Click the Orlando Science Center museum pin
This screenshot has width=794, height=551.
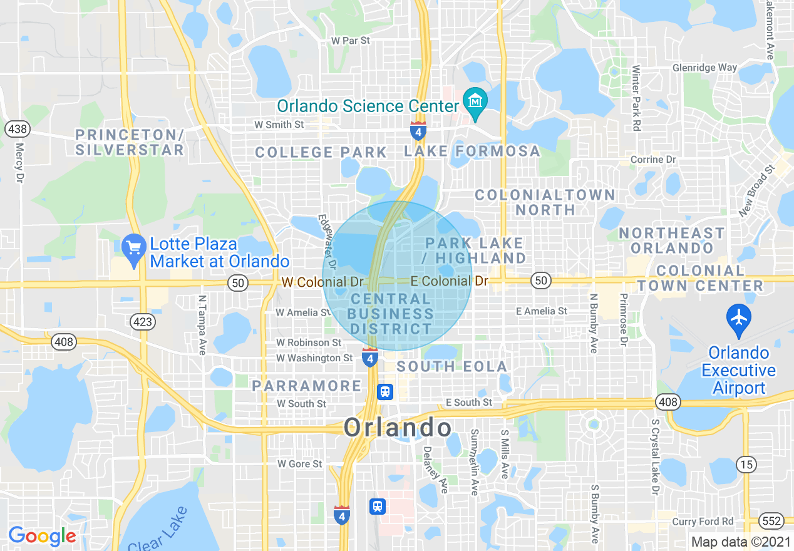click(475, 101)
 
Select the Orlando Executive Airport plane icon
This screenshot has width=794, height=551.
click(739, 317)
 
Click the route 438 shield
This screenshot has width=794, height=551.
click(16, 130)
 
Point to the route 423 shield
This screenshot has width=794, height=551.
click(143, 322)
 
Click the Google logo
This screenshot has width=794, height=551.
click(42, 536)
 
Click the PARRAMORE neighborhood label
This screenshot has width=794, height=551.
click(307, 386)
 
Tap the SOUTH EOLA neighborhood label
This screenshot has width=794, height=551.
click(451, 366)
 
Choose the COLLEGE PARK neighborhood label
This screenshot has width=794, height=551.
click(321, 152)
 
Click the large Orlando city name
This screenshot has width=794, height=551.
click(398, 428)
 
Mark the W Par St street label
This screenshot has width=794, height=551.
click(351, 41)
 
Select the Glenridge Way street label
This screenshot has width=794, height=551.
click(704, 68)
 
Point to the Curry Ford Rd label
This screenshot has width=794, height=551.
click(703, 522)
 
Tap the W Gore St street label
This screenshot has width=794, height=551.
click(299, 464)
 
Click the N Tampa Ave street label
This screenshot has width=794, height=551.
click(202, 325)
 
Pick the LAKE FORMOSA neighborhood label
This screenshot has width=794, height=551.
click(472, 151)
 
